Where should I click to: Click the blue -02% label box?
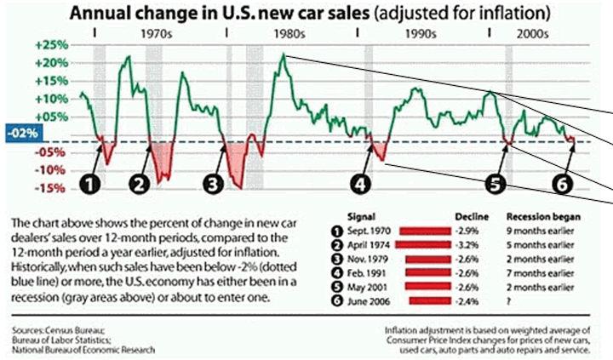click(x=19, y=133)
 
